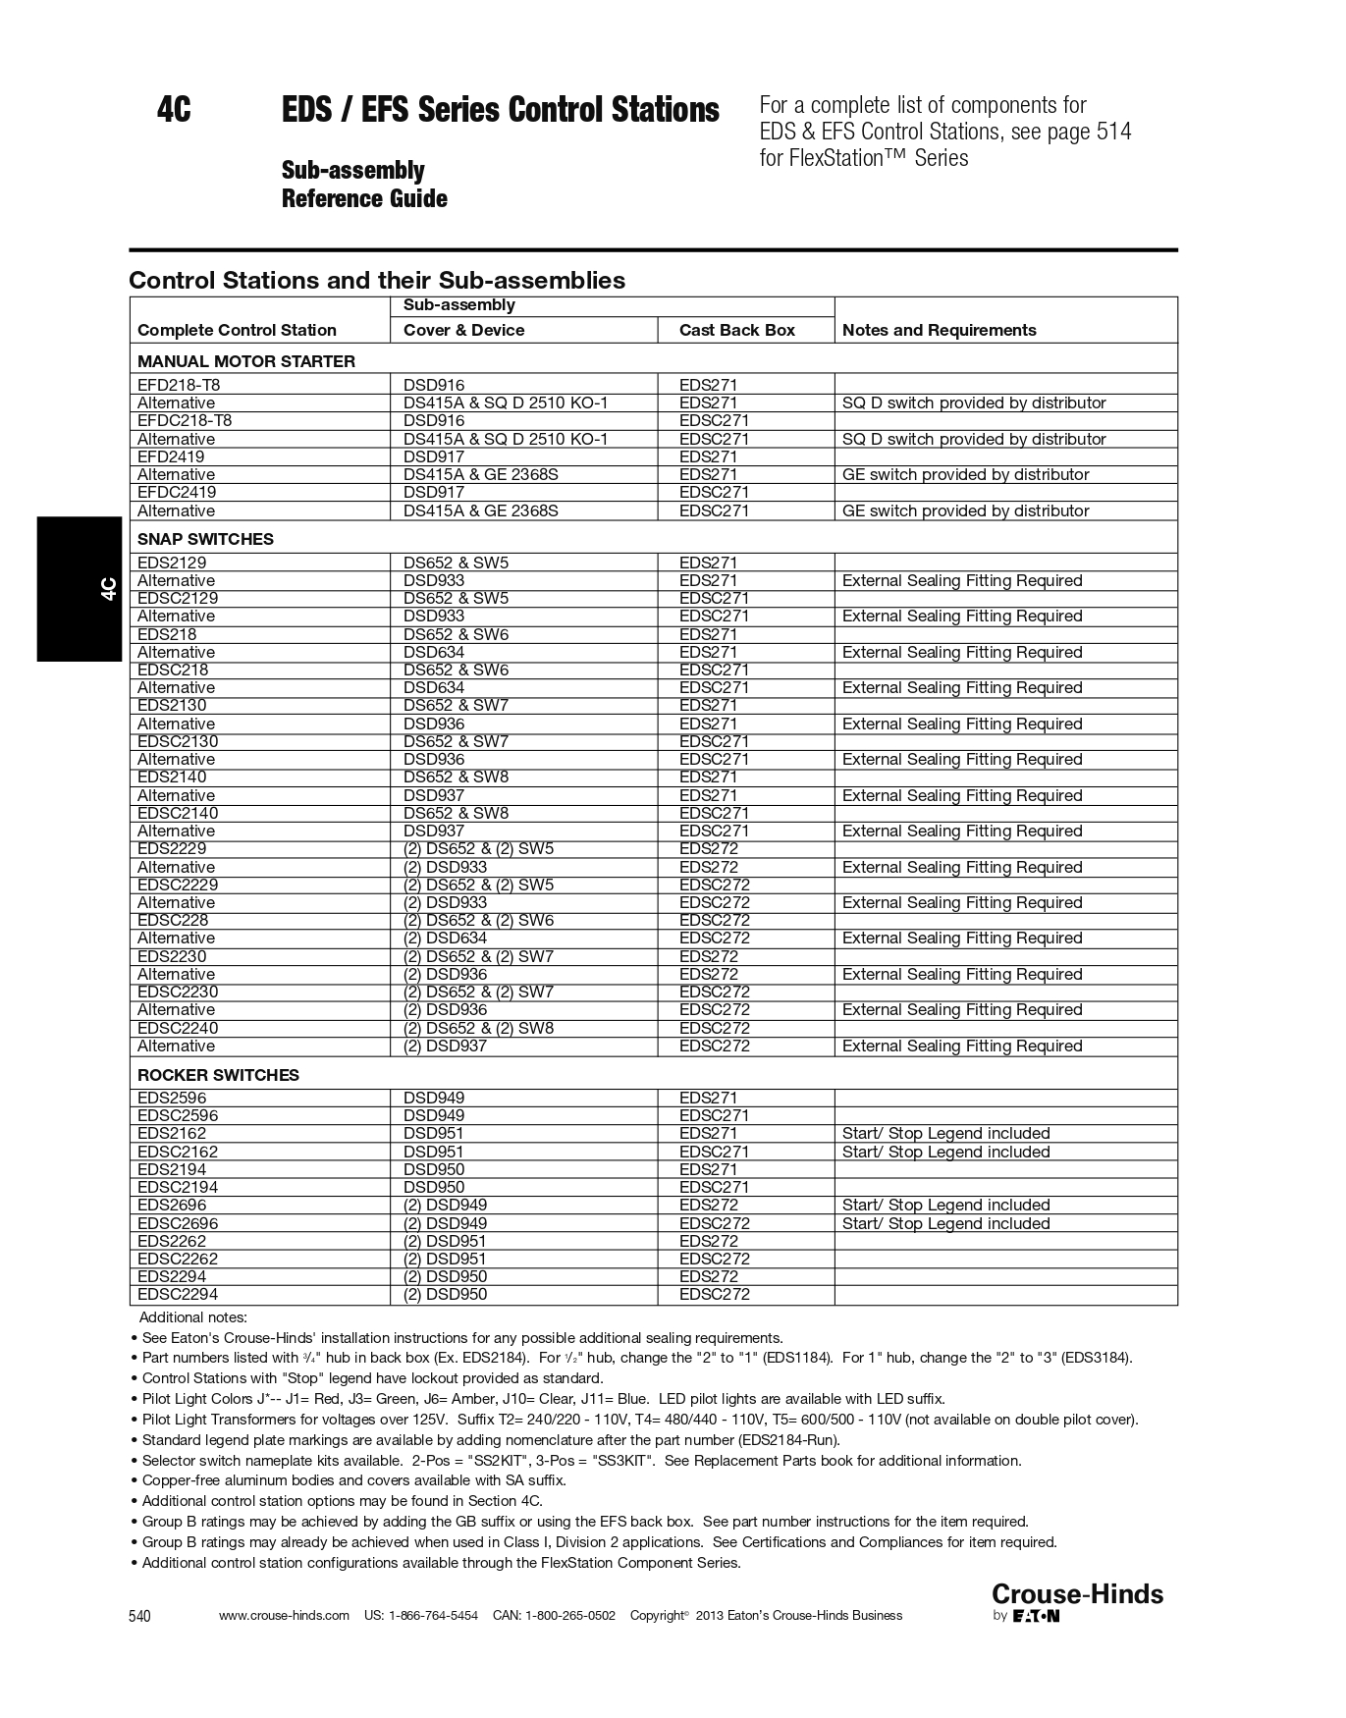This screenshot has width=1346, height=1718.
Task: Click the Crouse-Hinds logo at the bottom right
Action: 1077,1594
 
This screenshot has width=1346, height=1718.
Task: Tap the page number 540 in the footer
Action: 140,1617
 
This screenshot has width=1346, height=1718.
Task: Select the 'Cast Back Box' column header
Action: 736,330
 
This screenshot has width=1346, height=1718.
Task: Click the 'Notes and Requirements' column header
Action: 939,330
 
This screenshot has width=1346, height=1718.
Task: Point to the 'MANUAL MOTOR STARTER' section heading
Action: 246,361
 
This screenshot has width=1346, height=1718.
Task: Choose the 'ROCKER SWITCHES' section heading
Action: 218,1075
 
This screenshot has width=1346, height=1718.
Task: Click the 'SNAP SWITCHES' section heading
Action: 205,539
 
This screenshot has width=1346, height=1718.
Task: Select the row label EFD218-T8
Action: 185,385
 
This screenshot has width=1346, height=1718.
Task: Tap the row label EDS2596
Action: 172,1098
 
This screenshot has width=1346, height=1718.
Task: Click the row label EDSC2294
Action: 178,1294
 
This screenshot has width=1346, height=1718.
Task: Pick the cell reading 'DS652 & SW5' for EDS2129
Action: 456,563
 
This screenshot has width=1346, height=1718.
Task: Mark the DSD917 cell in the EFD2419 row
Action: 434,456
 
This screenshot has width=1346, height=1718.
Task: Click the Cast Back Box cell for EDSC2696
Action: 714,1223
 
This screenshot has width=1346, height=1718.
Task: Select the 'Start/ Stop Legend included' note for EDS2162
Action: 945,1133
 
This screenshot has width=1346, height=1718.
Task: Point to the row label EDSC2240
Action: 178,1028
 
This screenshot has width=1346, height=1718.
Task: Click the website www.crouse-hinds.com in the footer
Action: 284,1616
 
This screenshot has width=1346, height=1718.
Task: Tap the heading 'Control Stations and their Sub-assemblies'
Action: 377,280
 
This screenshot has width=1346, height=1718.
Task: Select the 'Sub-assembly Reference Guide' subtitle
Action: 364,185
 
